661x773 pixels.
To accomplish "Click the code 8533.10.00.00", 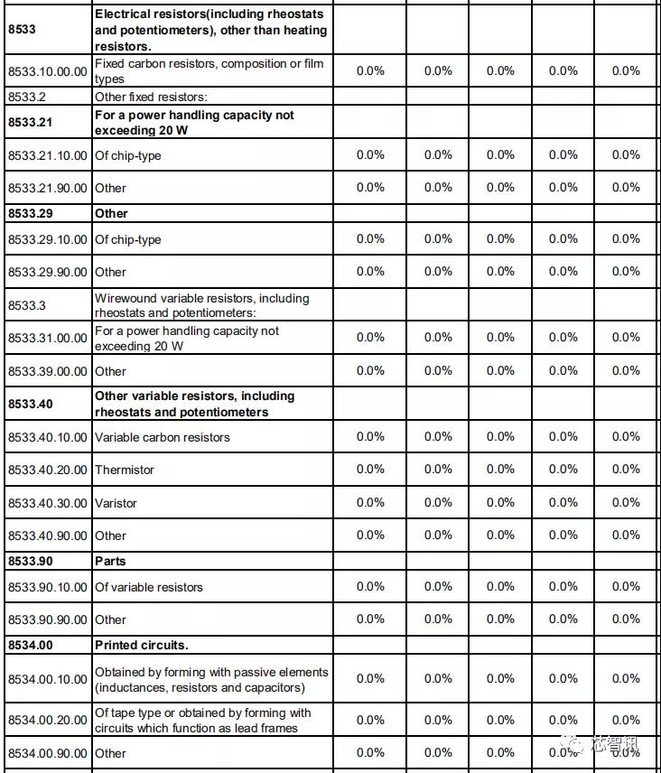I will tap(48, 71).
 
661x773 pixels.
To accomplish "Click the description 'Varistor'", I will tap(116, 503).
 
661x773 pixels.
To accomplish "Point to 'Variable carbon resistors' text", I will tap(163, 437).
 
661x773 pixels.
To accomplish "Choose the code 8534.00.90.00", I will tap(48, 753).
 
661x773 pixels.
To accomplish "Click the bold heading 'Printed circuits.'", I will tap(141, 646).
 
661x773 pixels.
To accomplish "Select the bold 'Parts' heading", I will tap(110, 561).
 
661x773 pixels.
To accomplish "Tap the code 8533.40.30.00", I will tap(48, 503).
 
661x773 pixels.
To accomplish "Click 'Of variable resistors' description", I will tap(149, 587).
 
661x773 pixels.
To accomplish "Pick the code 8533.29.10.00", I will tap(48, 239).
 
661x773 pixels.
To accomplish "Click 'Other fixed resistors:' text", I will tap(151, 97).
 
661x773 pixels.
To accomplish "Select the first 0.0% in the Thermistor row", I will tap(370, 470).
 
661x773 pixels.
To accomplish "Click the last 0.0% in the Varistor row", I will tap(626, 503).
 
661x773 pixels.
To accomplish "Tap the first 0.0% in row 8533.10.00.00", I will tap(370, 71).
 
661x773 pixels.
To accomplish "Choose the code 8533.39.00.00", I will tap(48, 371).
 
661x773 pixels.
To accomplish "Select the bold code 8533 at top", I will tap(22, 30).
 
